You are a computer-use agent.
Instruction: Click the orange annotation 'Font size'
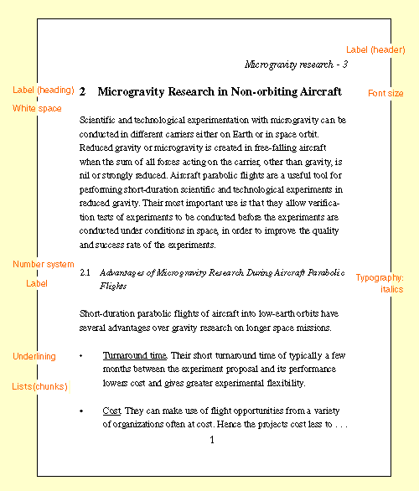coord(385,93)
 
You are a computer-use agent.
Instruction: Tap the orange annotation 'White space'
coord(37,108)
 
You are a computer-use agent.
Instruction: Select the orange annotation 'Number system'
coord(44,264)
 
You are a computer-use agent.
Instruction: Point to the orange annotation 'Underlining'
coord(34,356)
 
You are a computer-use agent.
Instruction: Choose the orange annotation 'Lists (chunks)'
coord(40,386)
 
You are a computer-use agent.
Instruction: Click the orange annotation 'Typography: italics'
coord(380,283)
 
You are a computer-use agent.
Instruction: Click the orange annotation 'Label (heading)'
coord(44,90)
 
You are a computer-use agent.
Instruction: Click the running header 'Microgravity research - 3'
coord(296,64)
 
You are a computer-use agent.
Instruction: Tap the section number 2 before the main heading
coord(83,90)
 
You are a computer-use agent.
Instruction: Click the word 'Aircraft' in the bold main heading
coord(319,90)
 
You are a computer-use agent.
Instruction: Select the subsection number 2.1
coord(85,272)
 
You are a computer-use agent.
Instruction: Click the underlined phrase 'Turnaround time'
coord(133,355)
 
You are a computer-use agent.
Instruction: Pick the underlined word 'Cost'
coord(111,411)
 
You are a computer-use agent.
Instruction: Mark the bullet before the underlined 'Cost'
coord(81,411)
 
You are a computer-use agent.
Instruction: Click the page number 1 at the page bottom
coord(212,439)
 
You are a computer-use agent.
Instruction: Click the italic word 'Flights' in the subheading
coord(113,286)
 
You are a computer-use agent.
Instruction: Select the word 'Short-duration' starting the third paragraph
coord(113,313)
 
